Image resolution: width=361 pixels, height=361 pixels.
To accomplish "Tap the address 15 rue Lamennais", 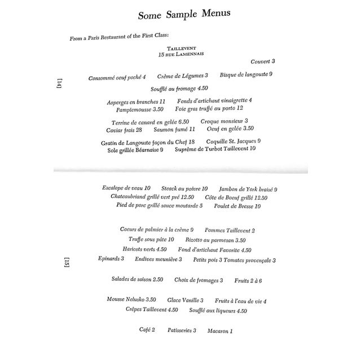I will [180, 55].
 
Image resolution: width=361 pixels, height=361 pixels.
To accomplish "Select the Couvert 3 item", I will [263, 61].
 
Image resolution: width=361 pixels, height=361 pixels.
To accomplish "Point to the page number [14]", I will [60, 84].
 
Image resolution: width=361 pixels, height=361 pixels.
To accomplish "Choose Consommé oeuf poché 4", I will [117, 77].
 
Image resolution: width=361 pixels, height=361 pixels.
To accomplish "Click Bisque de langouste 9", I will [246, 74].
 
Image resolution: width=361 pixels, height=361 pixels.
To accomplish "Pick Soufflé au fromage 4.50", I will [180, 89].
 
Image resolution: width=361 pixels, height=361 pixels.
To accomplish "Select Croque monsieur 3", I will [224, 121].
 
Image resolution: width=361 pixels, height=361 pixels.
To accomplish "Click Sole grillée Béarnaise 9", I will [131, 150].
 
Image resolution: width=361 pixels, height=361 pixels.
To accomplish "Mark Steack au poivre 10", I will [184, 188].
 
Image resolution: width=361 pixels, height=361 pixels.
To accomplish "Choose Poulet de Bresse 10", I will [237, 206].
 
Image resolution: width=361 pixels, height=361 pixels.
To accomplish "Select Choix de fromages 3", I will [199, 280].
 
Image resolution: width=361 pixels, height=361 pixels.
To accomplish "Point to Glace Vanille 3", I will [186, 301].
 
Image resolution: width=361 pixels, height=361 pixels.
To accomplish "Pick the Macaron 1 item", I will [220, 331].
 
